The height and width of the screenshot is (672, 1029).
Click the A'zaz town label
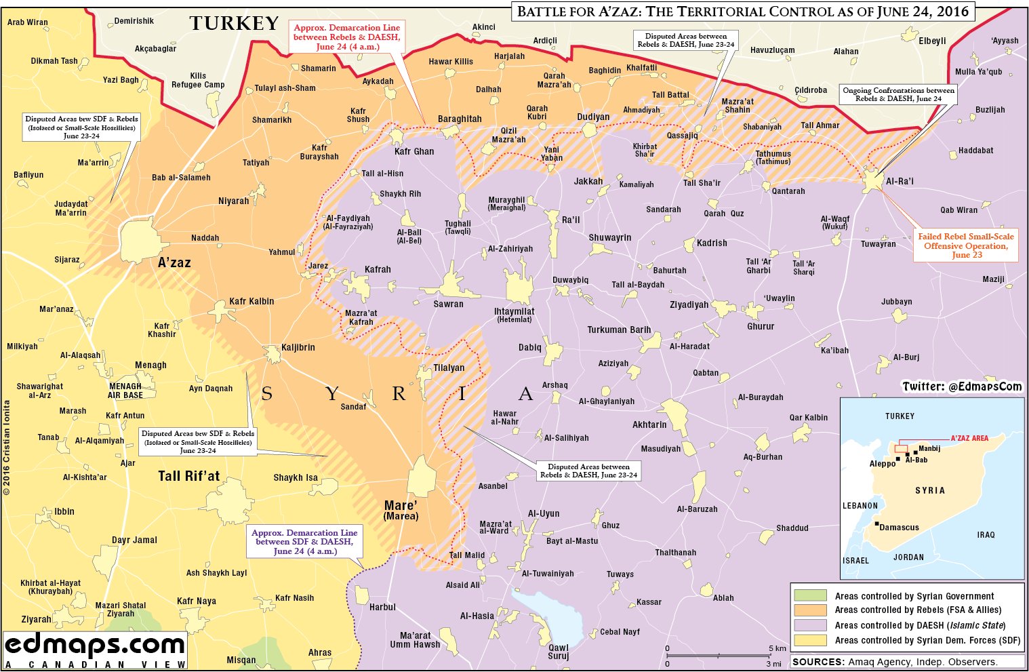pos(174,262)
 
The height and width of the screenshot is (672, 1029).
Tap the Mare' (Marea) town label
pos(401,510)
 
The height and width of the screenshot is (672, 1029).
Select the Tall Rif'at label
pos(189,476)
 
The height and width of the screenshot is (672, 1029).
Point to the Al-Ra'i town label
pos(900,182)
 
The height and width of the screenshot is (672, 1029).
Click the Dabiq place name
pos(530,347)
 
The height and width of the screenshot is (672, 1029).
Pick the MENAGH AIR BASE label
pos(125,391)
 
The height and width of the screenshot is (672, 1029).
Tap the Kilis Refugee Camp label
pos(198,81)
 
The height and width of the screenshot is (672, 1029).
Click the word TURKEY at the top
pos(234,24)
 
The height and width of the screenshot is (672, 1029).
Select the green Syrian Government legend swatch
pos(810,596)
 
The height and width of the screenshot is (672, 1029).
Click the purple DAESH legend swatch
pos(810,625)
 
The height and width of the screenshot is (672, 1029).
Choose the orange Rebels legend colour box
pos(810,610)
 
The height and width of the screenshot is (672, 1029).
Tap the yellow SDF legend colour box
pos(810,640)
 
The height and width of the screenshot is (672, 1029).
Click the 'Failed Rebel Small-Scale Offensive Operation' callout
pos(966,245)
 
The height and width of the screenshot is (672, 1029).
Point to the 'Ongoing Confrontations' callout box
pos(898,94)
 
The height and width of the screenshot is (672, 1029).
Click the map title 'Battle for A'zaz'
pos(742,12)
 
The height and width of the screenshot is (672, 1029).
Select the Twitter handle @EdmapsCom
pos(962,387)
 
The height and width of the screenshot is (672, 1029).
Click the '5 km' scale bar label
pos(778,648)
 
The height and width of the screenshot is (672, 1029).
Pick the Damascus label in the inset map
pos(899,527)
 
